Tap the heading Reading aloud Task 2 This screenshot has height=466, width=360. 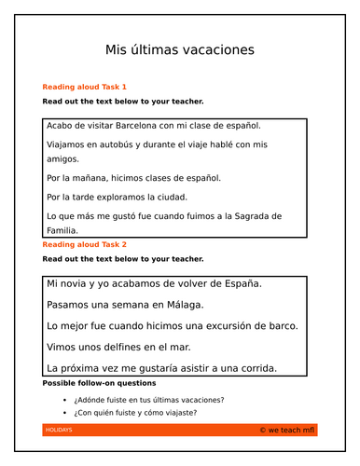[x=85, y=244]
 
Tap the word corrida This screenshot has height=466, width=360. [x=251, y=367]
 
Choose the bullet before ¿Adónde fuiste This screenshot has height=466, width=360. [x=65, y=400]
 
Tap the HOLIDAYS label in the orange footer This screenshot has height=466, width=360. [x=60, y=431]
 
